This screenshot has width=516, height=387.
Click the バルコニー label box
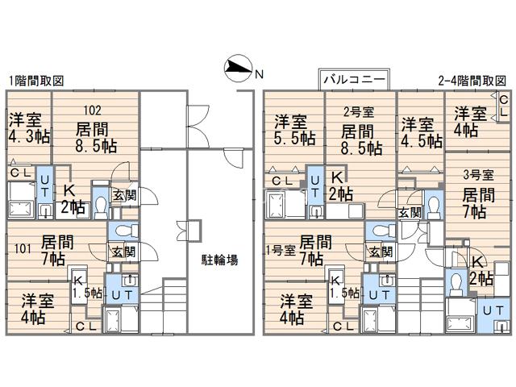click(356, 79)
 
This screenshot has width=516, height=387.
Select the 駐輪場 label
click(219, 260)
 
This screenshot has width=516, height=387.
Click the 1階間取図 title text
click(35, 81)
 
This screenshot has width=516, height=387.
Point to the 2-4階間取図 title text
click(472, 81)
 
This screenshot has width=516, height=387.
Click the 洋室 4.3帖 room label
click(28, 129)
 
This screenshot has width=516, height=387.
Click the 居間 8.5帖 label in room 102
click(95, 138)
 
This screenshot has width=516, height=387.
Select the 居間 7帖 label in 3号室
click(474, 203)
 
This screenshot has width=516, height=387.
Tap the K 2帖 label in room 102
click(73, 199)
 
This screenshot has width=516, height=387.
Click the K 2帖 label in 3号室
click(480, 271)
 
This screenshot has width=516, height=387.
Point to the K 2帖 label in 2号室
click(339, 186)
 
